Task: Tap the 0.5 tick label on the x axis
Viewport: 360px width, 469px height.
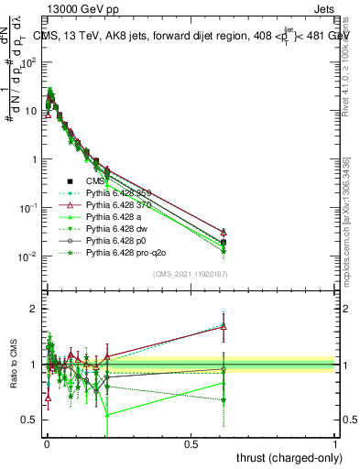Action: click(x=191, y=442)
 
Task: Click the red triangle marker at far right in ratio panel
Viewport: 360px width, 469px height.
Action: click(x=224, y=325)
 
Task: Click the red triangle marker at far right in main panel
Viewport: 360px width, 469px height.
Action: click(x=224, y=232)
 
